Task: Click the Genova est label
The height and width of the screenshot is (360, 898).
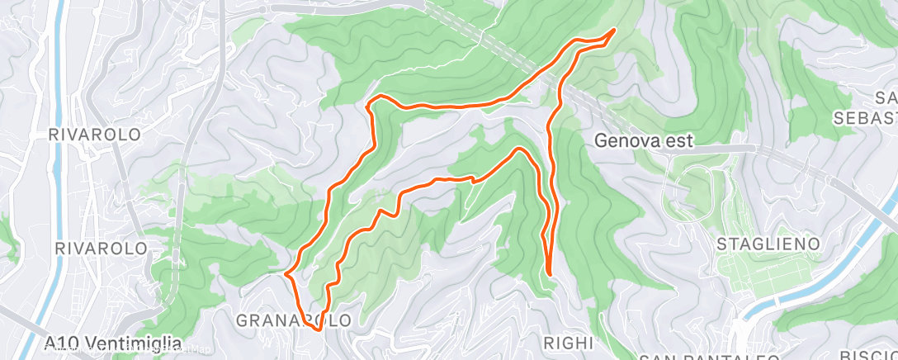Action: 644,141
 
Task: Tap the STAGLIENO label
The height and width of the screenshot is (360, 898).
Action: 768,244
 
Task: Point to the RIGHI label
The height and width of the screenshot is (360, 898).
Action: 569,343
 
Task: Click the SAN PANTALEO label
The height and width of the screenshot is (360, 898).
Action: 710,357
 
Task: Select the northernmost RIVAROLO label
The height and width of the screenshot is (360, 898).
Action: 94,134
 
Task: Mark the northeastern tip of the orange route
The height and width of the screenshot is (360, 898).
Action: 615,30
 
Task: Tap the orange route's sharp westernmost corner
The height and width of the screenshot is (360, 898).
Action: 286,273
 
